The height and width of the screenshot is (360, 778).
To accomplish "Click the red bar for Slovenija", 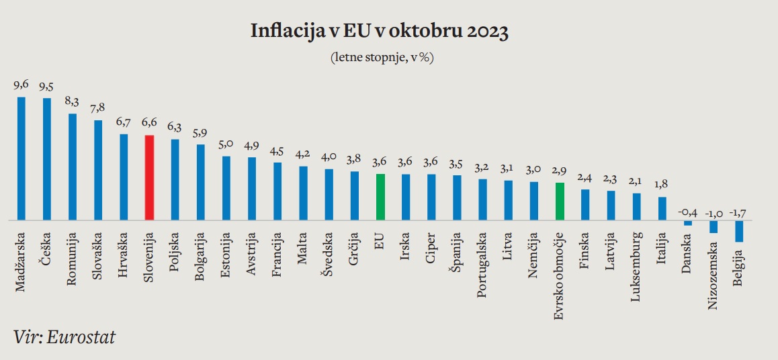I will (x=150, y=177).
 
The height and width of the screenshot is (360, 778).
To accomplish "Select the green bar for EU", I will (x=380, y=197).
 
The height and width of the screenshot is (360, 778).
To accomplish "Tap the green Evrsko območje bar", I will (x=560, y=201).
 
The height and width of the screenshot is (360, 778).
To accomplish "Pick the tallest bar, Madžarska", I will (x=21, y=159).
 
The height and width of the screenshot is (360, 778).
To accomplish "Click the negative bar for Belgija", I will (x=739, y=231).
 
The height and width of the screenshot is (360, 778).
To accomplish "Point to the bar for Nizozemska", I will (x=714, y=227).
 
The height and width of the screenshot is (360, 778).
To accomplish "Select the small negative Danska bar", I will (x=688, y=223).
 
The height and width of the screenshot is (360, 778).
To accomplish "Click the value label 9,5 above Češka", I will (x=47, y=87).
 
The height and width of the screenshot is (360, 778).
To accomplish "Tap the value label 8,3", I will (x=73, y=102).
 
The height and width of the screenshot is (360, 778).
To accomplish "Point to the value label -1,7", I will (x=738, y=213).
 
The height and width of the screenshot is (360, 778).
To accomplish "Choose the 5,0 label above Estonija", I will (x=226, y=145).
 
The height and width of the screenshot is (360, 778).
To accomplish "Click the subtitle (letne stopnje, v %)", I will (x=382, y=57).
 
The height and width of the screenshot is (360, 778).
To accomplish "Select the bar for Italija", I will (x=662, y=208).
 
